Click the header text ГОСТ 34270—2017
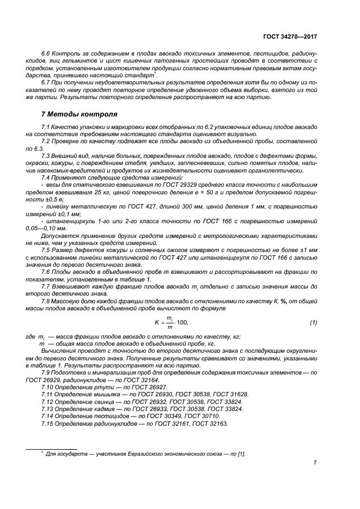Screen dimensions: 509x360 [290, 36]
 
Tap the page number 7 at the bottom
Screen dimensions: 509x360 [315, 463]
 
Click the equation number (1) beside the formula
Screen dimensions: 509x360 [313, 323]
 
